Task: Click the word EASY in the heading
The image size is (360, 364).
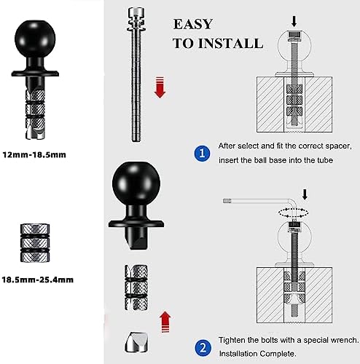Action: pyautogui.click(x=193, y=24)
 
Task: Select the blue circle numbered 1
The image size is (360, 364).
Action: pyautogui.click(x=202, y=154)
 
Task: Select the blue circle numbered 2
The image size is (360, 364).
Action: pyautogui.click(x=203, y=348)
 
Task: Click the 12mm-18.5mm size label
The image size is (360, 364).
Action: pyautogui.click(x=34, y=155)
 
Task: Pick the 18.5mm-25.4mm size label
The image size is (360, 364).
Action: pyautogui.click(x=38, y=280)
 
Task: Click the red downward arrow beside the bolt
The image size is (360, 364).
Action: pyautogui.click(x=160, y=87)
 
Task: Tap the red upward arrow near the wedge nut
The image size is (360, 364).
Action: pyautogui.click(x=165, y=322)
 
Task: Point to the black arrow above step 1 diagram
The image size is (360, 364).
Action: pyautogui.click(x=294, y=22)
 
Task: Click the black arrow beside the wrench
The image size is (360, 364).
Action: pyautogui.click(x=305, y=194)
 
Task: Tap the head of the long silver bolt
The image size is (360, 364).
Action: pyautogui.click(x=136, y=15)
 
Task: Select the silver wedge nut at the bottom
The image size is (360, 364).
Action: pyautogui.click(x=136, y=342)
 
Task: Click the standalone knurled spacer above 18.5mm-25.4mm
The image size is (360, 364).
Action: pyautogui.click(x=35, y=243)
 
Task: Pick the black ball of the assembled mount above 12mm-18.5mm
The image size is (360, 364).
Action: pyautogui.click(x=35, y=39)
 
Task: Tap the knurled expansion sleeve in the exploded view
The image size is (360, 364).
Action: pyautogui.click(x=136, y=288)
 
